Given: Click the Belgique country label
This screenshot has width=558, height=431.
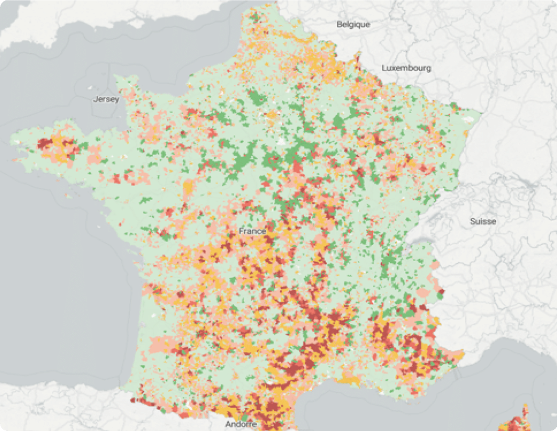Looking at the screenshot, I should tap(353, 24).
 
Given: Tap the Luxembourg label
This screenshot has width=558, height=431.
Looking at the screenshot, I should tap(406, 68).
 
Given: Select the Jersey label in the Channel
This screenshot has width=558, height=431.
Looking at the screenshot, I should tap(106, 99).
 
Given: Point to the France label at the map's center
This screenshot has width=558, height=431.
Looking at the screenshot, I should tap(252, 231).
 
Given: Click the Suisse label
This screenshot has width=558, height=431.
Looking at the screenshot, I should tap(483, 221).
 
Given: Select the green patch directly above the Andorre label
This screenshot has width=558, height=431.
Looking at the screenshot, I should tap(242, 416).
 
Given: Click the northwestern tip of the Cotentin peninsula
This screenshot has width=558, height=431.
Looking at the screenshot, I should tap(117, 78).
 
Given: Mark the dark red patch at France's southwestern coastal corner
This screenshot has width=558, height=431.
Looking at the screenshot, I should tap(134, 401).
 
